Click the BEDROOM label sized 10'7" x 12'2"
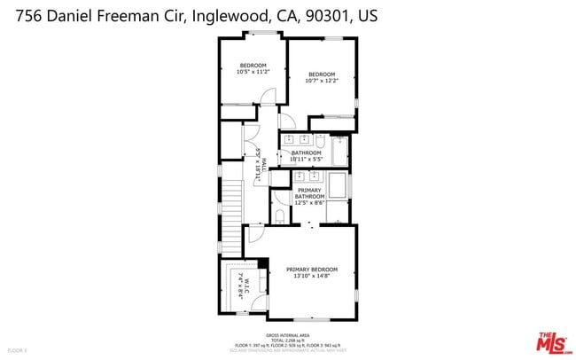click(322, 76)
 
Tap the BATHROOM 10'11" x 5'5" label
click(306, 156)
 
